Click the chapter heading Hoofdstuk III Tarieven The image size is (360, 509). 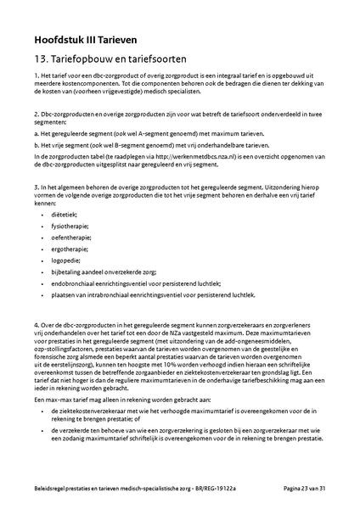click(85, 39)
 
